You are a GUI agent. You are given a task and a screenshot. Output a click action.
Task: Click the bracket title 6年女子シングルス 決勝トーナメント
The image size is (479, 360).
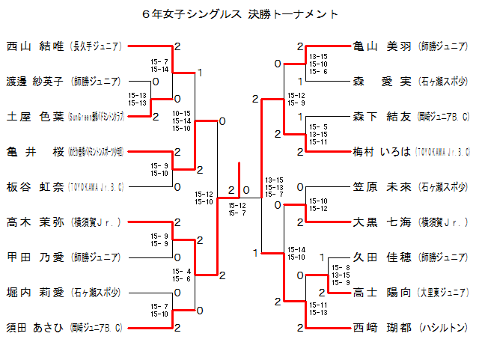coord(239,14)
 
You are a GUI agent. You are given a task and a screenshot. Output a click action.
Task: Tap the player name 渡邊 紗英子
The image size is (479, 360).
coord(35,81)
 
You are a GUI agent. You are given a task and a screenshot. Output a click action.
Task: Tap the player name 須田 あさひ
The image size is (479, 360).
coord(35,327)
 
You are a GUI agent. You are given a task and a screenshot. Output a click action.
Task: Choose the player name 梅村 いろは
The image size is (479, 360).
coord(382,151)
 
